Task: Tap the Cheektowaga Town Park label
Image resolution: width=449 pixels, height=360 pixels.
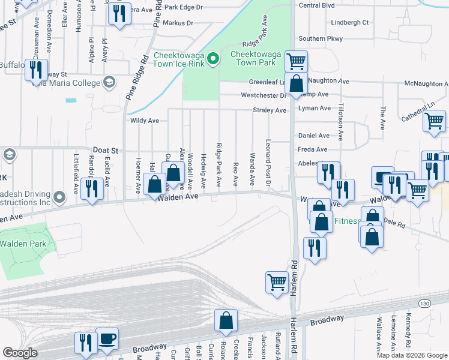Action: tap(256, 58)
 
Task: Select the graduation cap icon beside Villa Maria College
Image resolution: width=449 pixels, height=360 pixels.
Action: tap(109, 82)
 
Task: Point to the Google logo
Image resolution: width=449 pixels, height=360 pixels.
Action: tap(20, 353)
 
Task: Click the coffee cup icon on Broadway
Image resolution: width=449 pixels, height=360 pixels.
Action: tap(107, 338)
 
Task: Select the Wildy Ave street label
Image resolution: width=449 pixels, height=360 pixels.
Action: tap(145, 121)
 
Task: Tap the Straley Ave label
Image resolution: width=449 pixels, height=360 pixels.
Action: tap(270, 110)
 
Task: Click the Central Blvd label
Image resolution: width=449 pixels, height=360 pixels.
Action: tap(316, 5)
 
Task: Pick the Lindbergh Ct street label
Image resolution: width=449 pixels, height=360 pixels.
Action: tap(349, 23)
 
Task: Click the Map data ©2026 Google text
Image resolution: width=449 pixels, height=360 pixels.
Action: tap(412, 355)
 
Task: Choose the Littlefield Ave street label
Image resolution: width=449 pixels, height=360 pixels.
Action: tap(76, 174)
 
